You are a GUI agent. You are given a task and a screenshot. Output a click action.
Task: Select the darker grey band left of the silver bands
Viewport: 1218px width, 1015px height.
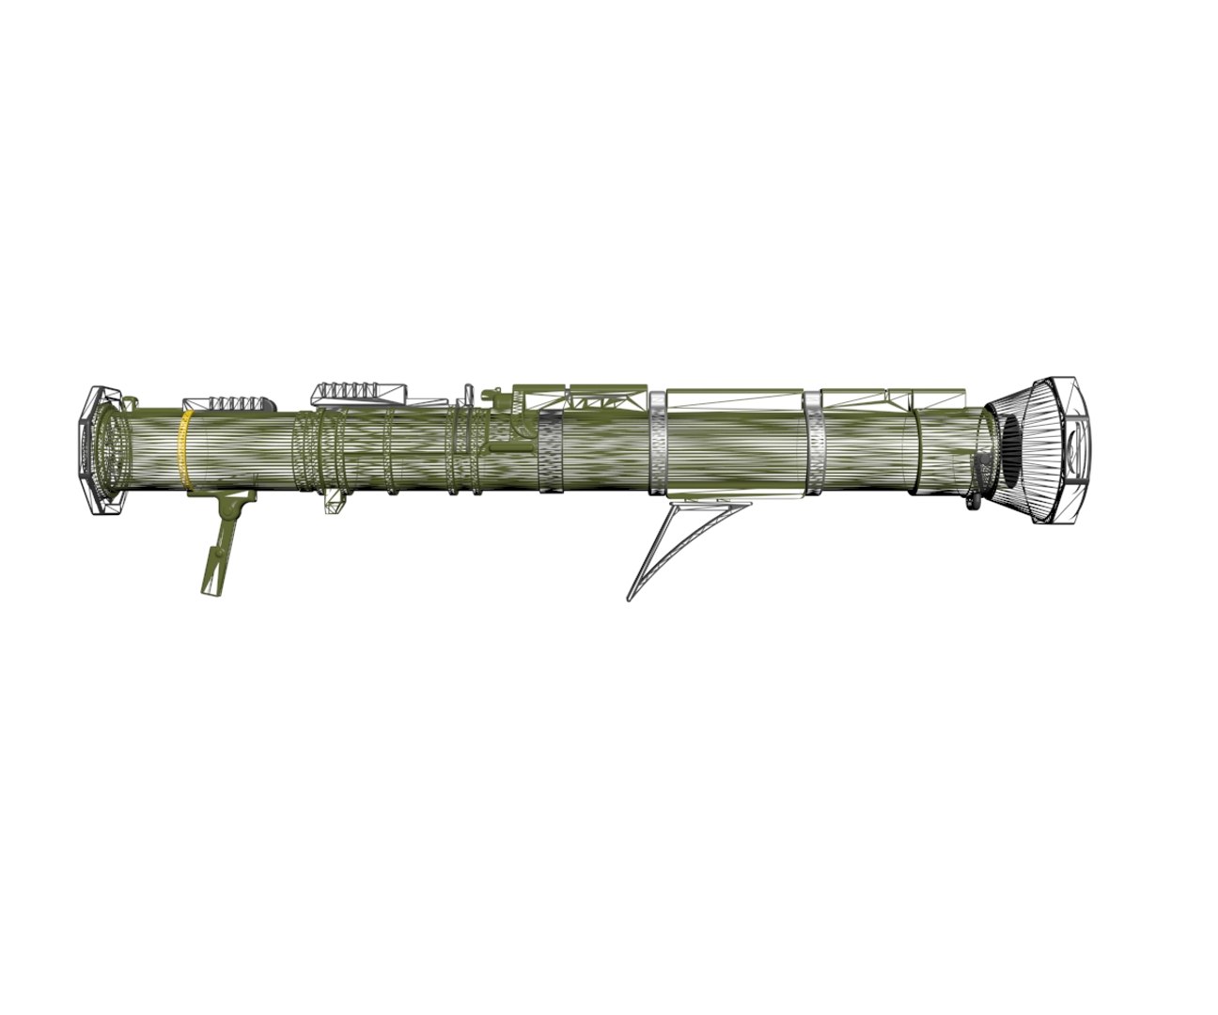549,450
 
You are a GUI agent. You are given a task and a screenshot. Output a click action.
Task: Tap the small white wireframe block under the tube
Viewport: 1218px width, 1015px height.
334,502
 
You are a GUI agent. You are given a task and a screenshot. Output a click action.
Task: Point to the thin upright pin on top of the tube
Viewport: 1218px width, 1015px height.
466,395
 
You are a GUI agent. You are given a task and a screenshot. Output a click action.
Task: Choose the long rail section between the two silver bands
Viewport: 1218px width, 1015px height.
733,398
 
